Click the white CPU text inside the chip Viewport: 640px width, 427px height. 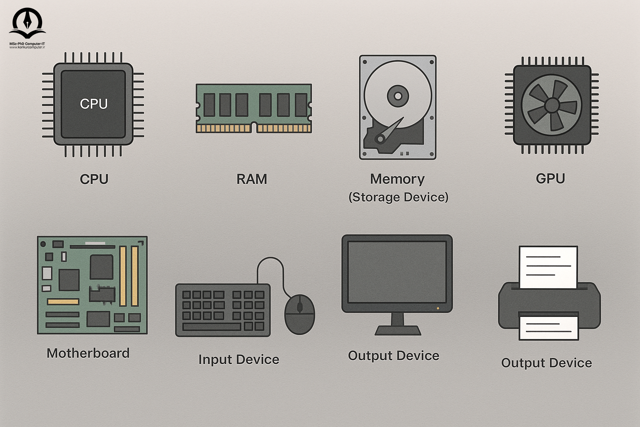94,104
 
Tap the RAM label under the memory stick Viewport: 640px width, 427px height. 252,179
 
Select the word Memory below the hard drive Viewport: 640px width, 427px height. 397,179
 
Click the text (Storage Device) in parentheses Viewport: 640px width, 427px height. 398,197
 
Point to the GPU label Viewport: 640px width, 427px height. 550,178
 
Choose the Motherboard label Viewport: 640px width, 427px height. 88,353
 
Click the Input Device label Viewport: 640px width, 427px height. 239,359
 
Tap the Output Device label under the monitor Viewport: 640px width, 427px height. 394,356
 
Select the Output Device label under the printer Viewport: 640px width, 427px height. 547,363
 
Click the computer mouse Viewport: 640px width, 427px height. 300,314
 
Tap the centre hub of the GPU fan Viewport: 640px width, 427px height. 552,105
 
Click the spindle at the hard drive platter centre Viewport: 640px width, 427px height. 398,96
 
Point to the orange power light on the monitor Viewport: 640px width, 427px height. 438,309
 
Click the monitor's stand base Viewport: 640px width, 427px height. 397,331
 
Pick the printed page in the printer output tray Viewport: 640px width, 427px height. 548,327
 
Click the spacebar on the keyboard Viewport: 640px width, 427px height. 212,327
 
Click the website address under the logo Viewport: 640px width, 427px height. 27,48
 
